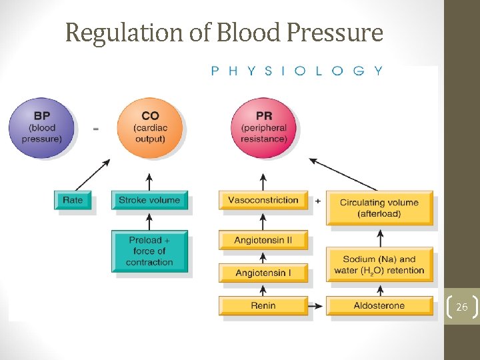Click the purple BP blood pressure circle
pyautogui.click(x=41, y=129)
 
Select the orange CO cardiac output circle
pyautogui.click(x=149, y=129)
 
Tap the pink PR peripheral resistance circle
pyautogui.click(x=263, y=129)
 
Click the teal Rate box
pyautogui.click(x=73, y=200)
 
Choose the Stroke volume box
pyautogui.click(x=149, y=200)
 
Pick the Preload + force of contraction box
pyautogui.click(x=149, y=251)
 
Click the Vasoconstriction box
pyautogui.click(x=263, y=200)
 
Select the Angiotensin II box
pyautogui.click(x=263, y=240)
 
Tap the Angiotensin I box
pyautogui.click(x=263, y=273)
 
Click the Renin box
pyautogui.click(x=263, y=305)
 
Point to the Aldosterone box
pyautogui.click(x=379, y=305)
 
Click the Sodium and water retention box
pyautogui.click(x=379, y=265)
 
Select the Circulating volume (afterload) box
pyautogui.click(x=379, y=207)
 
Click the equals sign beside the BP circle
pyautogui.click(x=95, y=129)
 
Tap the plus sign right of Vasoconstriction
pyautogui.click(x=317, y=201)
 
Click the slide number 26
pyautogui.click(x=462, y=307)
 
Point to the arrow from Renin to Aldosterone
pyautogui.click(x=317, y=306)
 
